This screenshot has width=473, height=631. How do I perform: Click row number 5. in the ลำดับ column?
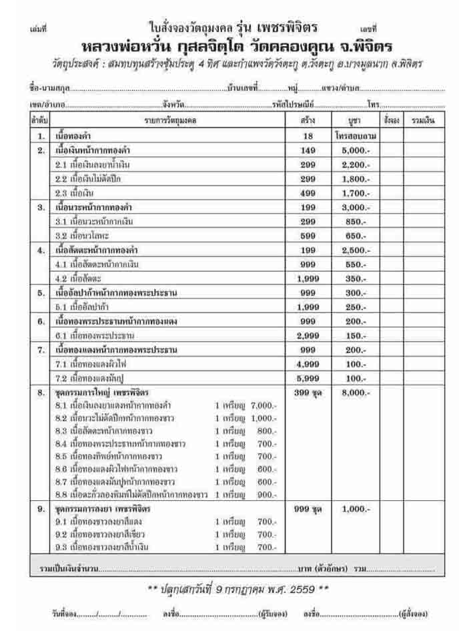[x=41, y=292]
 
